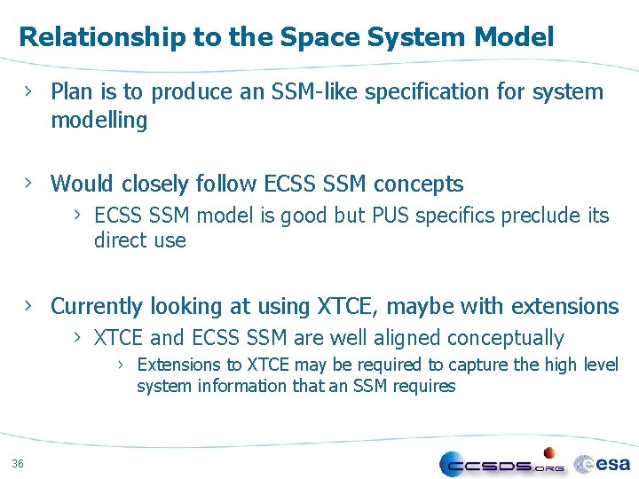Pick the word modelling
[x=99, y=121]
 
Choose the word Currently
[x=97, y=307]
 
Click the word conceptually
[x=506, y=339]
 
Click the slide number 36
[x=19, y=462]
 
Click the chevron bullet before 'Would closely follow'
[x=29, y=183]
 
